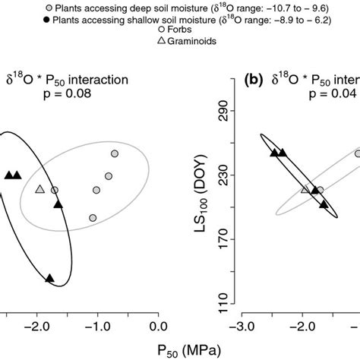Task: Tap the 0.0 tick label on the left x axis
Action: click(157, 327)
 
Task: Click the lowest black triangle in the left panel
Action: click(50, 279)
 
